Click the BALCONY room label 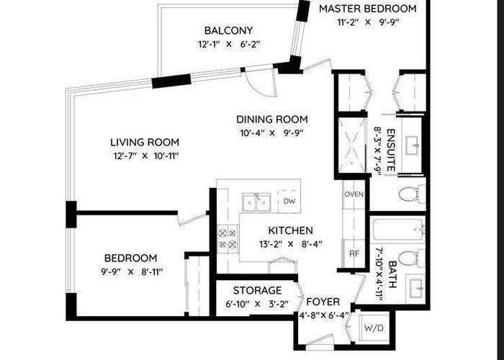228,30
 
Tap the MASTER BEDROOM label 368,9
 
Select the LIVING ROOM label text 145,142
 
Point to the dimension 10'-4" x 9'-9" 272,132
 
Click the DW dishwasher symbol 289,201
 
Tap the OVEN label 354,194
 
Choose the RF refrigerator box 354,253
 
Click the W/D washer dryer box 374,328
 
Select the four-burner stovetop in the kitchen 228,238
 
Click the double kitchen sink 256,202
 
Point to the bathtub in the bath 399,230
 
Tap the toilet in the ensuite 411,194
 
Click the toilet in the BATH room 411,258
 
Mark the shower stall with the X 352,145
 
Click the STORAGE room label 257,291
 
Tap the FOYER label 323,302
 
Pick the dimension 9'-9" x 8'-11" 132,272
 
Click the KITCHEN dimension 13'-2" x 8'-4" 291,244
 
